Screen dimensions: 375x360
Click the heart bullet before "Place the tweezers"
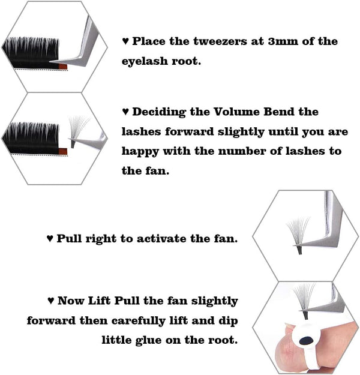[x=125, y=41]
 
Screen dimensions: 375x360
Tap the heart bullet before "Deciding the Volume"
[x=125, y=112]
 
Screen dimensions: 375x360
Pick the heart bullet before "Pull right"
[x=50, y=238]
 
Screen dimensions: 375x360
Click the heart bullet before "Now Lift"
[x=50, y=301]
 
